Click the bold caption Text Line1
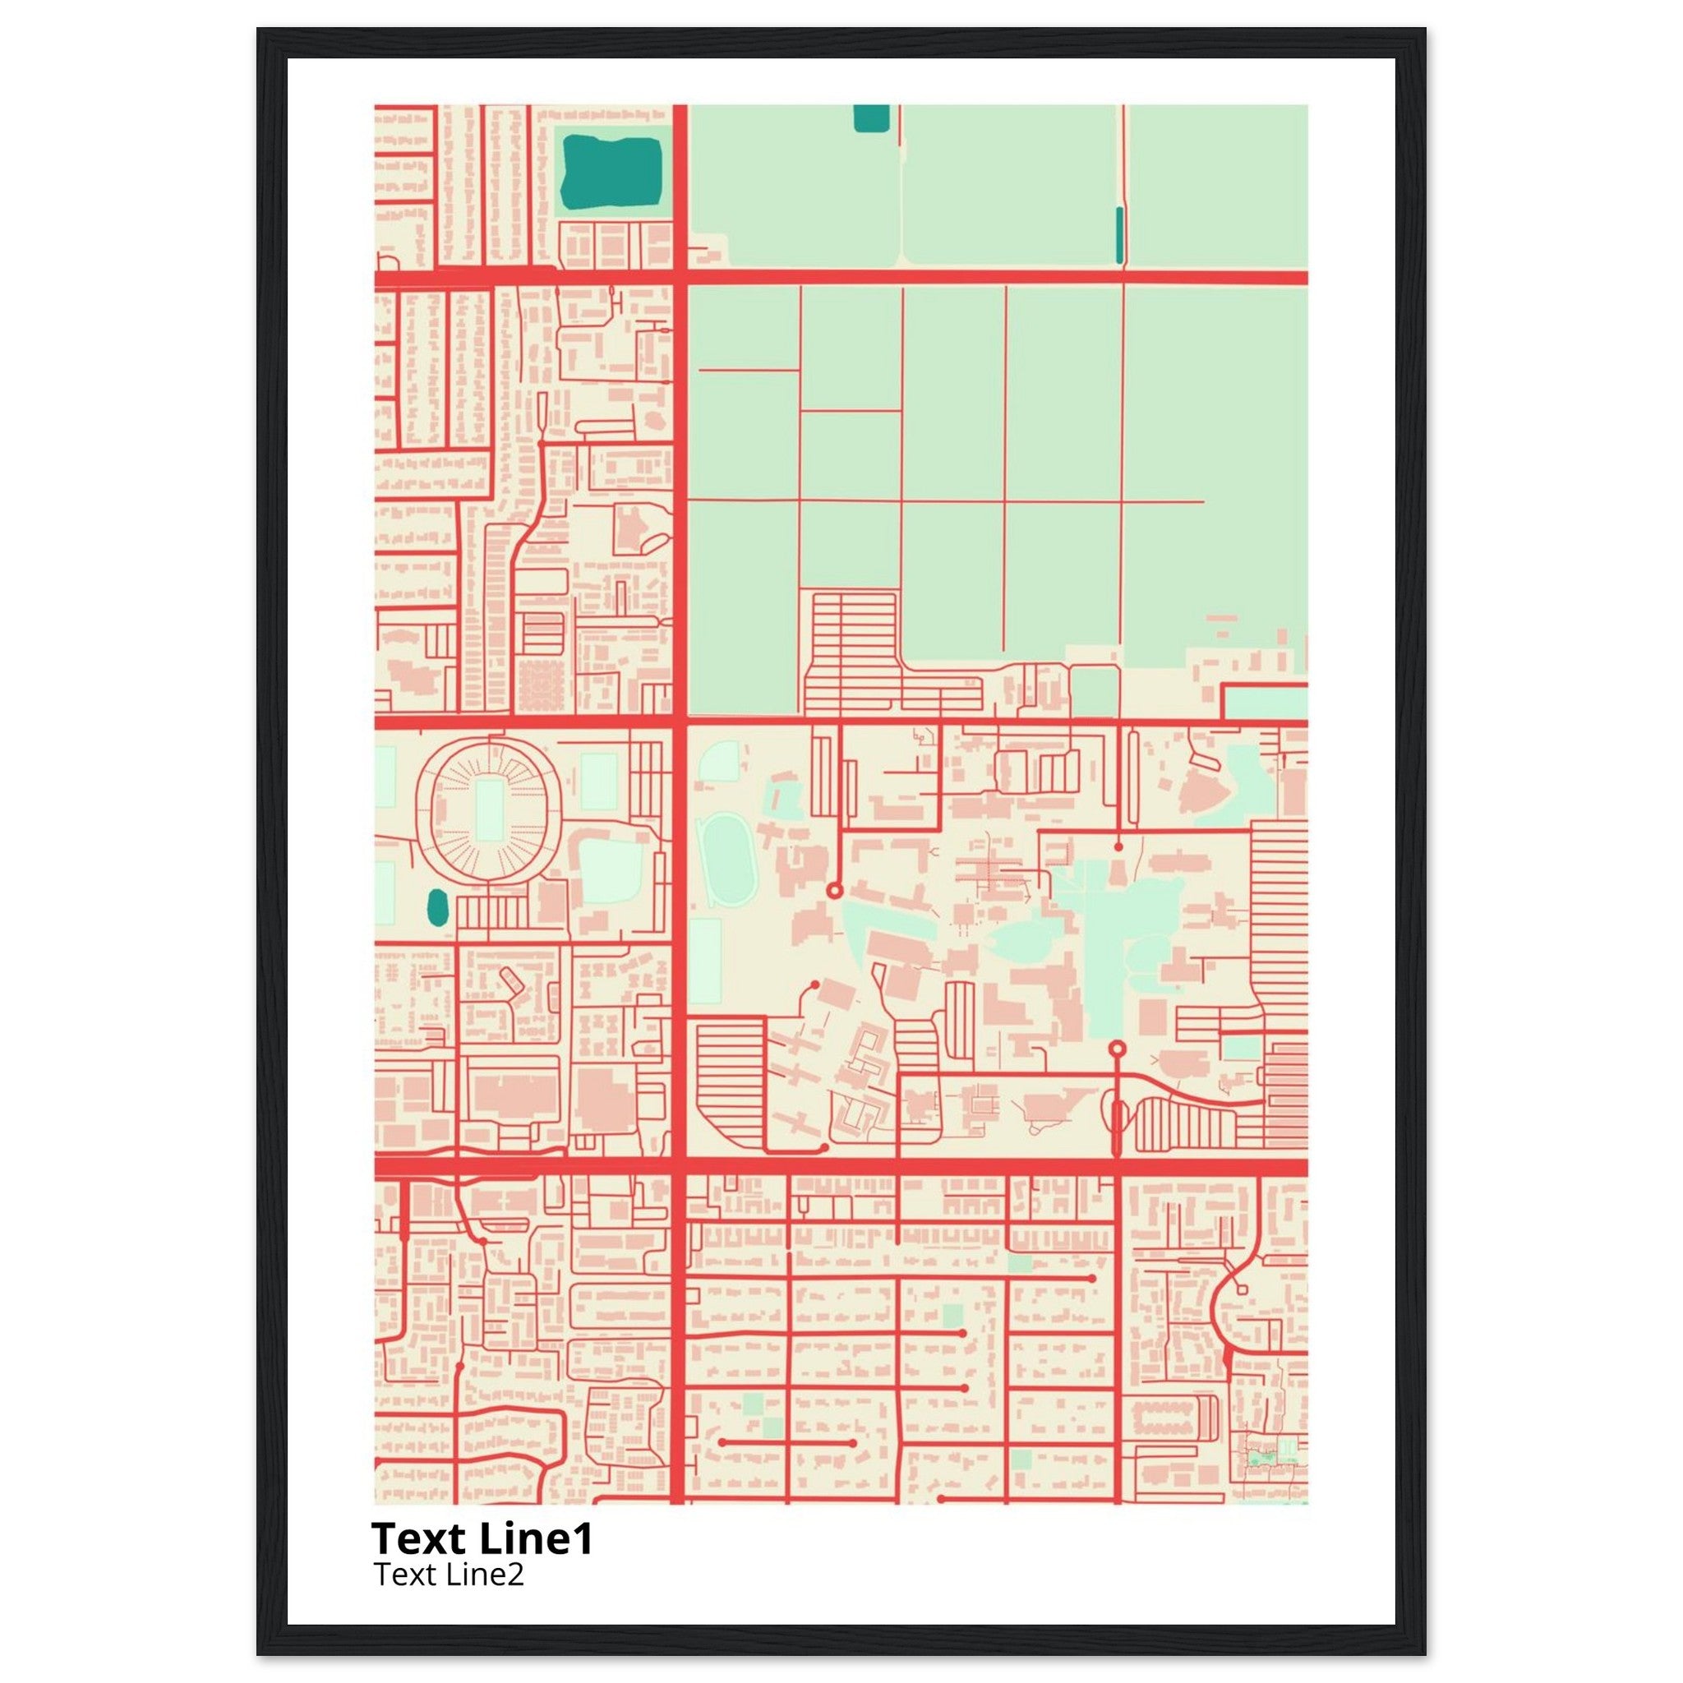[x=482, y=1538]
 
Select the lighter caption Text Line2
[x=449, y=1574]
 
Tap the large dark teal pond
[x=611, y=172]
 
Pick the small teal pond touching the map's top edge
[x=871, y=118]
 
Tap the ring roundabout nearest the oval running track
[x=833, y=890]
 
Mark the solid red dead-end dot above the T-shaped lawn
[x=1118, y=846]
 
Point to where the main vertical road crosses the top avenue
[x=680, y=277]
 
